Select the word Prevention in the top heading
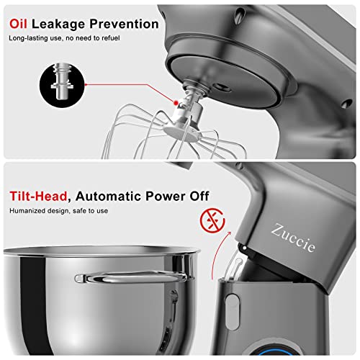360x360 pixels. pyautogui.click(x=127, y=24)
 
